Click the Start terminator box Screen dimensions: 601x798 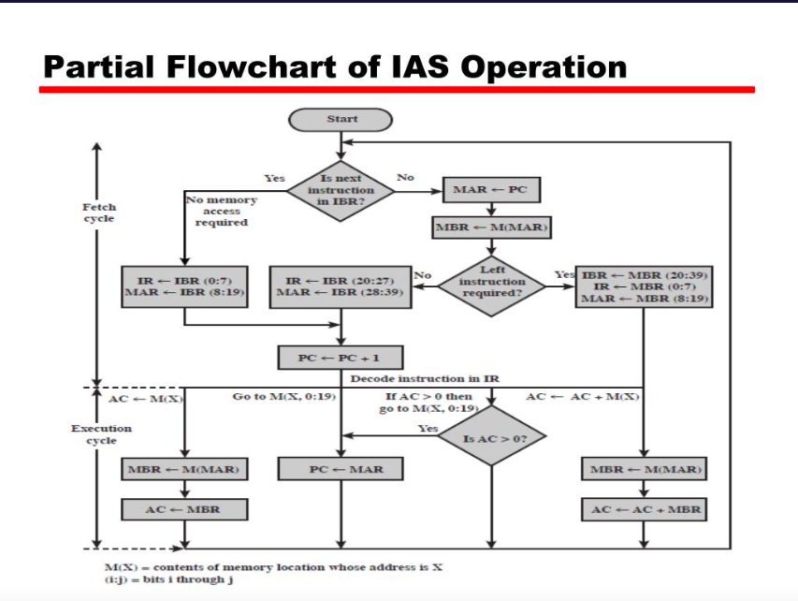click(x=341, y=119)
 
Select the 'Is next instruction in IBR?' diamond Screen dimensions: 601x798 click(x=341, y=190)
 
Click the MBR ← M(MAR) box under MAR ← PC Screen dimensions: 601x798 click(x=489, y=227)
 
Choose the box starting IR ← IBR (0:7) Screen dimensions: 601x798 click(x=183, y=286)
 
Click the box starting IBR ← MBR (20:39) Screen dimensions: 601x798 click(x=645, y=286)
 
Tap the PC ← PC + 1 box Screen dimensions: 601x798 click(x=341, y=358)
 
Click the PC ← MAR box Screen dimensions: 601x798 click(x=341, y=468)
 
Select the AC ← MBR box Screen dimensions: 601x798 click(x=183, y=509)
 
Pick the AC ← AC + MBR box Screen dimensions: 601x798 click(x=645, y=509)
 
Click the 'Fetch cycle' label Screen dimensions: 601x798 click(x=100, y=212)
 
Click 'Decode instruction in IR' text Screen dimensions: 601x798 click(x=424, y=379)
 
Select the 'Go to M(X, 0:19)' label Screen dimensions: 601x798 click(x=283, y=397)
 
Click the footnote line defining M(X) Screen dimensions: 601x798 click(x=271, y=567)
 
